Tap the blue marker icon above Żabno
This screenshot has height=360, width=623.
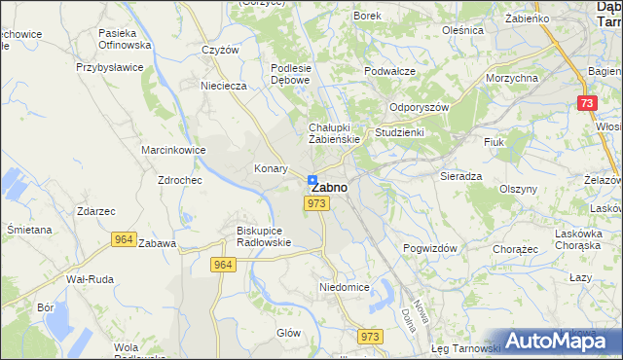312,180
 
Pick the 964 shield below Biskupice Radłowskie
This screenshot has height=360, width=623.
223,264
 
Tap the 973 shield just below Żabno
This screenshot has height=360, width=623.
314,203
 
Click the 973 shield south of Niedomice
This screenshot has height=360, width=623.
369,336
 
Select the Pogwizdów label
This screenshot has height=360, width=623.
429,248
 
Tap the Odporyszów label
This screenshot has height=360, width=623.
419,108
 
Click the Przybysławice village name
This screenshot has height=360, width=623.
110,68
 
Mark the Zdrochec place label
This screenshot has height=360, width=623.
179,180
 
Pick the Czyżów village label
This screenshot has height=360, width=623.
220,51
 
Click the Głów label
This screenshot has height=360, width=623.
288,332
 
